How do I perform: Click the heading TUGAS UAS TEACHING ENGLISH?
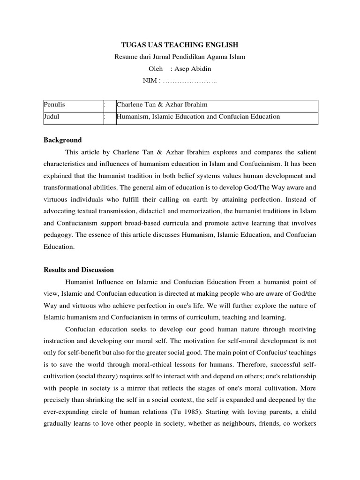[180, 45]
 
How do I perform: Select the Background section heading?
[62, 140]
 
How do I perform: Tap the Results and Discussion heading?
[79, 270]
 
